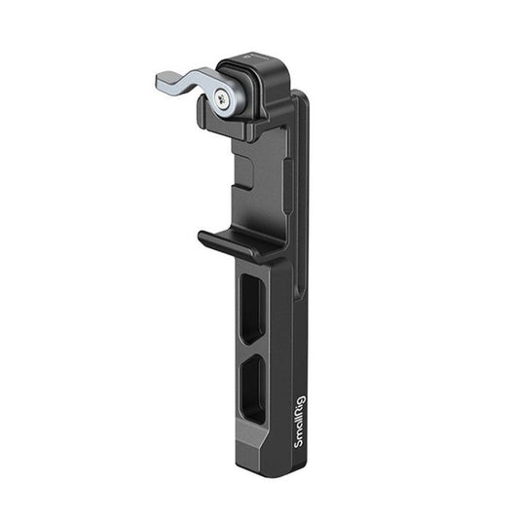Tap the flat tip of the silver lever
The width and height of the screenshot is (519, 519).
[x=163, y=80]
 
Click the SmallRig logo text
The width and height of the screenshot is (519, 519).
[x=300, y=421]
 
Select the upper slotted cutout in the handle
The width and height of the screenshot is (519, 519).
[x=253, y=309]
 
